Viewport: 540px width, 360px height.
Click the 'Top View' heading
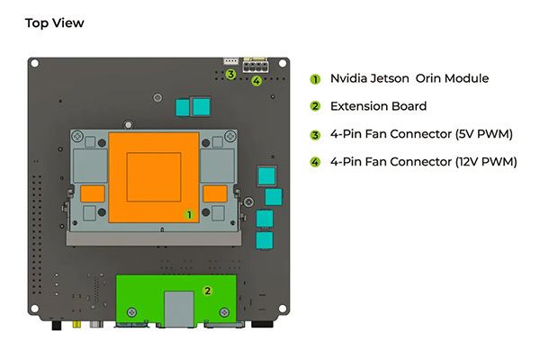pyautogui.click(x=54, y=23)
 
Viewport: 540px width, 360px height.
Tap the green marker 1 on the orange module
pyautogui.click(x=189, y=214)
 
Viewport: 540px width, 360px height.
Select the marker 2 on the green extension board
pyautogui.click(x=207, y=291)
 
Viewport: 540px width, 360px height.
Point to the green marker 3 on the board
pyautogui.click(x=230, y=74)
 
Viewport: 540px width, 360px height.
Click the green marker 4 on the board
pyautogui.click(x=256, y=81)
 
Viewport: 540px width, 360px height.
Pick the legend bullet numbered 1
pyautogui.click(x=315, y=79)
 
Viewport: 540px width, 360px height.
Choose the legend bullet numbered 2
pyautogui.click(x=315, y=106)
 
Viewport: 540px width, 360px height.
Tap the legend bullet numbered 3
pyautogui.click(x=315, y=135)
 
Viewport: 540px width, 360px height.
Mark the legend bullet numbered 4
pyautogui.click(x=315, y=162)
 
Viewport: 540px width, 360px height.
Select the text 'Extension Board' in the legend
pyautogui.click(x=379, y=106)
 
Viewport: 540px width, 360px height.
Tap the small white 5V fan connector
pyautogui.click(x=230, y=61)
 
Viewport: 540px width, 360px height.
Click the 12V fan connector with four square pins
pyautogui.click(x=256, y=65)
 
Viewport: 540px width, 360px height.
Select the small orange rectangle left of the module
pyautogui.click(x=93, y=193)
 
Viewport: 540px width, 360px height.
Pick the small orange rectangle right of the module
pyautogui.click(x=215, y=193)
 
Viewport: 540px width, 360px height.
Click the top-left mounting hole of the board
pyautogui.click(x=35, y=64)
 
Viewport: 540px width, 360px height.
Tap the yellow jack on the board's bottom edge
pyautogui.click(x=76, y=324)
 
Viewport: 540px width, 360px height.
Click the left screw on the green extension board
pyautogui.click(x=132, y=312)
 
